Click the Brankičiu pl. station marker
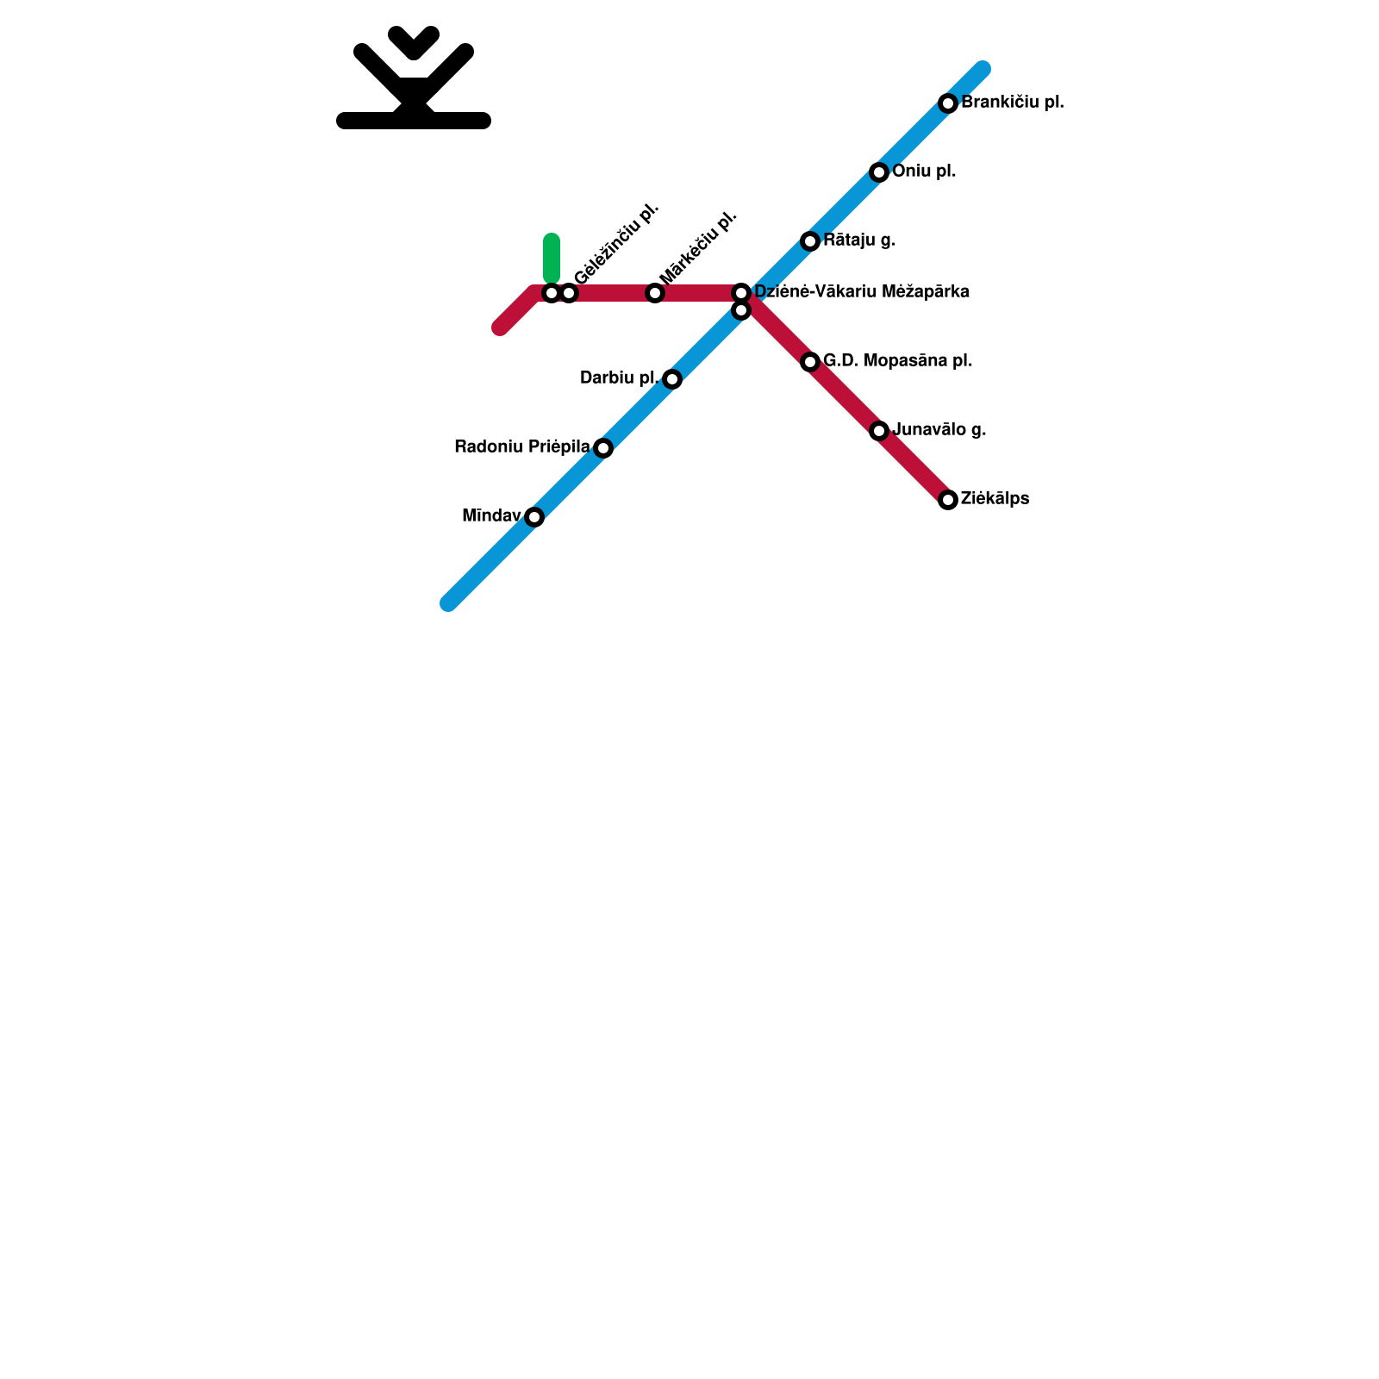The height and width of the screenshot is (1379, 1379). (948, 103)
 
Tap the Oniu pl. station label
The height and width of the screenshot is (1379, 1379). (924, 172)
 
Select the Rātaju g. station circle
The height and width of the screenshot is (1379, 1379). (810, 241)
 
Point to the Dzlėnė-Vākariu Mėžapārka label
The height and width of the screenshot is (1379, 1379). (862, 292)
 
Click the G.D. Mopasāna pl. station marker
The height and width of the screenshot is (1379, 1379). (810, 362)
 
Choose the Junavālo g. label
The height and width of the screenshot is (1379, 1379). (939, 430)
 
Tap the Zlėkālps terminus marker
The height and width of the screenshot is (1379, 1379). (948, 500)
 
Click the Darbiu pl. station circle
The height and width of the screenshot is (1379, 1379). (672, 379)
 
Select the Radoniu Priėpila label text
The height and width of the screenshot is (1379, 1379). (521, 447)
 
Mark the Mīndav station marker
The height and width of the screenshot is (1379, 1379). (534, 517)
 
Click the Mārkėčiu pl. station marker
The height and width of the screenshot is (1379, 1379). (655, 293)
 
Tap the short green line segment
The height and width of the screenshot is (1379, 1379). (552, 257)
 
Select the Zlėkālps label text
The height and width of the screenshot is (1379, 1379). (995, 499)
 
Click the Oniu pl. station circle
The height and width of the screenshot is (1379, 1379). (879, 172)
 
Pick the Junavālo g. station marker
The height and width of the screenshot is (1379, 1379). (879, 431)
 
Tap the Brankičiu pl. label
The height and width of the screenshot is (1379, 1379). (1013, 103)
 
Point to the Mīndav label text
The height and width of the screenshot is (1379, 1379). (491, 516)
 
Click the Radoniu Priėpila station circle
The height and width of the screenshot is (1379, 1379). (603, 448)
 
